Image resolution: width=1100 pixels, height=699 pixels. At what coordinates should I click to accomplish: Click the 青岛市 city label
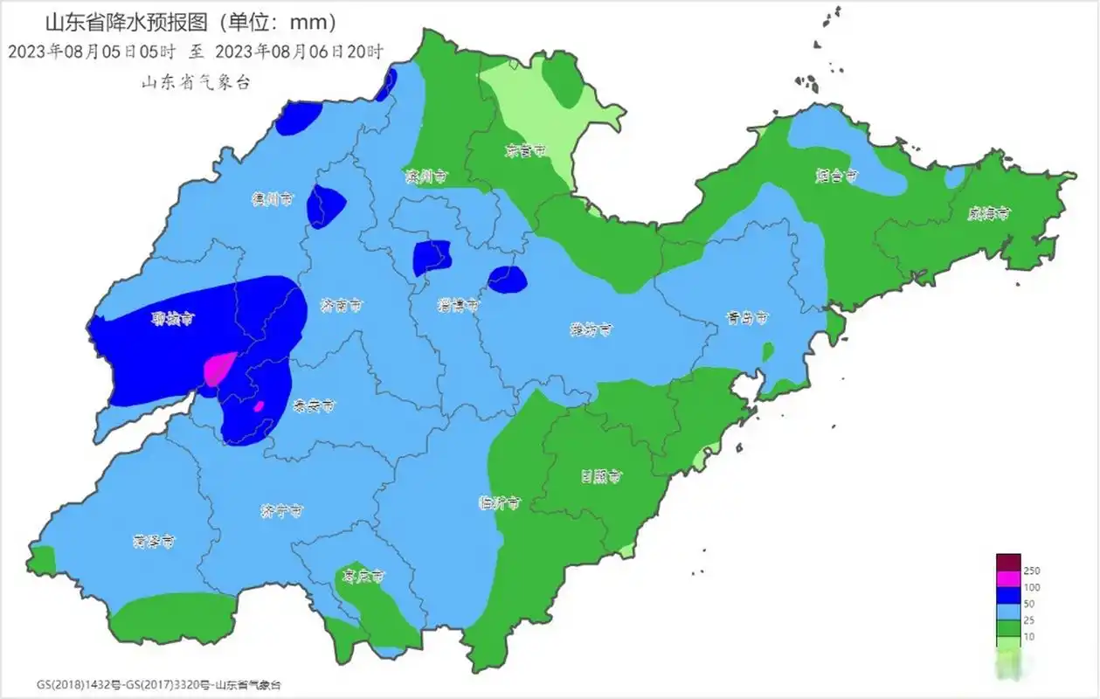click(750, 318)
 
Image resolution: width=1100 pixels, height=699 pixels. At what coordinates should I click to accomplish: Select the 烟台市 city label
click(837, 176)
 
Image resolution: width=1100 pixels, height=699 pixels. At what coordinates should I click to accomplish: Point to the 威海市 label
click(989, 212)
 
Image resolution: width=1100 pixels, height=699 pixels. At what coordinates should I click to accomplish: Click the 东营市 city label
click(527, 150)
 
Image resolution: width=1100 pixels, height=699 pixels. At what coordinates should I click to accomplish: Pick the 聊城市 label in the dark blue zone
click(168, 320)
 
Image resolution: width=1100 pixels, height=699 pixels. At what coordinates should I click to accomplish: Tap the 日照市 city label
click(602, 476)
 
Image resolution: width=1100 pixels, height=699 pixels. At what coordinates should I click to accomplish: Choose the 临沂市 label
click(501, 503)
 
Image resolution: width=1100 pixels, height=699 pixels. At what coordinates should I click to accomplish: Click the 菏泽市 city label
click(154, 542)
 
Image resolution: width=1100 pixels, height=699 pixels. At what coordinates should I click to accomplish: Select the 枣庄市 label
click(363, 577)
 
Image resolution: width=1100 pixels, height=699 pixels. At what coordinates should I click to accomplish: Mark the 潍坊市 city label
click(591, 329)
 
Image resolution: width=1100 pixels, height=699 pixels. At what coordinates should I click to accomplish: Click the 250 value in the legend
click(1032, 571)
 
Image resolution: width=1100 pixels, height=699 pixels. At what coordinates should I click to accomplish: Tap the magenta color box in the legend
click(1008, 578)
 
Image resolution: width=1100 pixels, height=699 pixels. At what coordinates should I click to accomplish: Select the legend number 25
click(1030, 620)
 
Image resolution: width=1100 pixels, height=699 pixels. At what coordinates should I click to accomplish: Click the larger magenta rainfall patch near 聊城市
click(218, 368)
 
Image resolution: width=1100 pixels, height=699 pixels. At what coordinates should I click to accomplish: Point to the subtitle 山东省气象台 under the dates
click(196, 82)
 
